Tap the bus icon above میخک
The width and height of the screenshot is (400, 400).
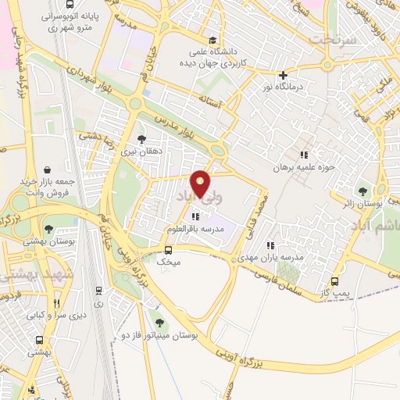click(168, 250)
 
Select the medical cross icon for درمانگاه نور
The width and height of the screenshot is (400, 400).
click(283, 76)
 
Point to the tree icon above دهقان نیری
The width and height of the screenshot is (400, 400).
click(141, 139)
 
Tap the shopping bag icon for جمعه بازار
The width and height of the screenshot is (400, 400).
click(48, 170)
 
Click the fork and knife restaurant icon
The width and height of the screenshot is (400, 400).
click(55, 303)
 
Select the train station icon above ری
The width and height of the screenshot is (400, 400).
click(97, 288)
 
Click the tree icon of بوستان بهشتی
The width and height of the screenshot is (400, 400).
click(49, 229)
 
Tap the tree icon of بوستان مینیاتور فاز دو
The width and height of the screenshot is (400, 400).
click(159, 322)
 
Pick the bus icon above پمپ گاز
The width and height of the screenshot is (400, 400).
click(335, 281)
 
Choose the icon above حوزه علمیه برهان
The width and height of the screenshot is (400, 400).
click(304, 155)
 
